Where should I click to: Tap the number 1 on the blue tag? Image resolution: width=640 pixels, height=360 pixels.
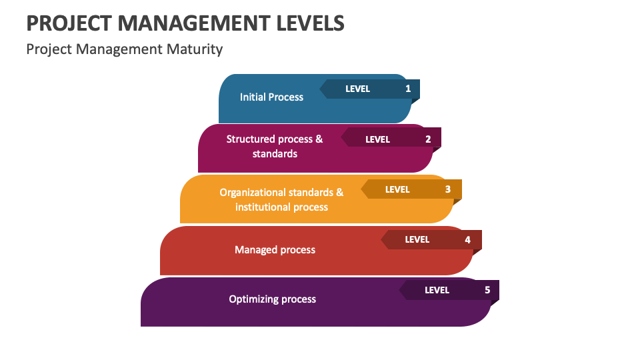click(x=408, y=89)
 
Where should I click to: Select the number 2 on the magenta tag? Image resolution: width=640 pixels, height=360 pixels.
click(x=428, y=139)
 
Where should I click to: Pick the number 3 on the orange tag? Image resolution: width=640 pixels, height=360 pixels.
click(x=448, y=189)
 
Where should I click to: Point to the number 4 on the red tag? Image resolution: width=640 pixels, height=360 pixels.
click(x=467, y=239)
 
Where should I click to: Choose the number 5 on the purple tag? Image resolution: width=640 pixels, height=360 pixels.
click(x=487, y=290)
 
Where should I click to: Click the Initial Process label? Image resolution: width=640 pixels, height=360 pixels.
click(x=271, y=97)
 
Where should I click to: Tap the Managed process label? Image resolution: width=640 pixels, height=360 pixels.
click(x=275, y=250)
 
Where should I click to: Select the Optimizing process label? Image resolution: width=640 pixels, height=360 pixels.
click(x=272, y=299)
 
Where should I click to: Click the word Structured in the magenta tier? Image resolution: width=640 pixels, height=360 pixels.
click(x=250, y=139)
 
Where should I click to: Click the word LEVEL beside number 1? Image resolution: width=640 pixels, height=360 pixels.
click(x=357, y=89)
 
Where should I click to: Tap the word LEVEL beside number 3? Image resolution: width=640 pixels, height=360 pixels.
click(x=397, y=189)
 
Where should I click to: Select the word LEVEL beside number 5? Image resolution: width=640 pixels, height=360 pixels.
click(x=437, y=290)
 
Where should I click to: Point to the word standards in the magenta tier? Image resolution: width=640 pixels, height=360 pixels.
click(x=275, y=154)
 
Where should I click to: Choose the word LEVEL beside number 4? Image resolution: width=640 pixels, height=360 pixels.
click(x=417, y=239)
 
